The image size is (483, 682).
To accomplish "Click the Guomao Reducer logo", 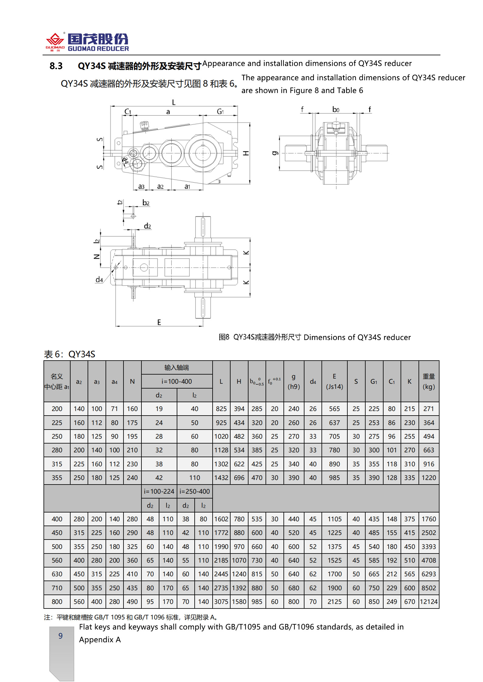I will tap(87, 42).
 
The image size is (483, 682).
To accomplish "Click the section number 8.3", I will tap(56, 66).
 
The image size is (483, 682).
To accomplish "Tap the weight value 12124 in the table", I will tap(429, 601).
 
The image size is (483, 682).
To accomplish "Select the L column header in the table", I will tap(221, 381).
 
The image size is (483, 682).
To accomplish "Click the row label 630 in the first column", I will tap(57, 574).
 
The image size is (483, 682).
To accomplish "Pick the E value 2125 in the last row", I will tap(334, 601).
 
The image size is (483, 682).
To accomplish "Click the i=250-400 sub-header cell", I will tap(195, 491).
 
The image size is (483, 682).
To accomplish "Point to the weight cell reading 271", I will tap(429, 409).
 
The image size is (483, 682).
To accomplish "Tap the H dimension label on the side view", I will tap(246, 153).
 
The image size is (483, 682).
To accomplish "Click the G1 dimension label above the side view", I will tap(220, 112).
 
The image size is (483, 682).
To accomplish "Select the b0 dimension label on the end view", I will tap(335, 109).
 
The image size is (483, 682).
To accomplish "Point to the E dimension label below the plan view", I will tap(159, 322).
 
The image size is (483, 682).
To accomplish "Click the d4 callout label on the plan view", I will tap(99, 279).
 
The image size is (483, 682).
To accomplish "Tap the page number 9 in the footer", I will tap(61, 636).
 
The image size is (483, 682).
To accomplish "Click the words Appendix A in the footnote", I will tap(100, 639).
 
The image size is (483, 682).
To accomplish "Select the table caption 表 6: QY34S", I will tap(70, 354).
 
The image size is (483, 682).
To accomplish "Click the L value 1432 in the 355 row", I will tap(221, 478).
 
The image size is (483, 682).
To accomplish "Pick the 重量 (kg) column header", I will tap(429, 381).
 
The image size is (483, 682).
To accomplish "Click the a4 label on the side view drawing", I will tap(125, 160).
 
